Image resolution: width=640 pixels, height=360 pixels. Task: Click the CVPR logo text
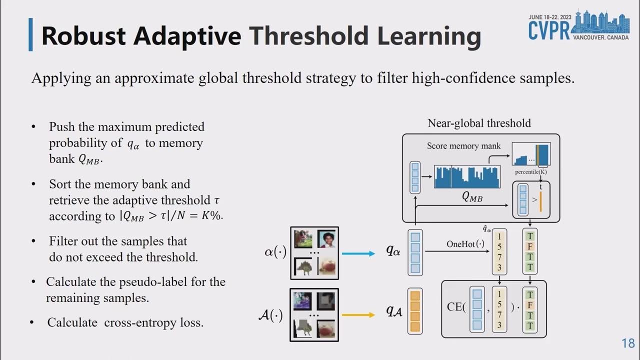pos(548,30)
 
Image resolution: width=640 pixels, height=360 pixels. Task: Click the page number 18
pos(628,343)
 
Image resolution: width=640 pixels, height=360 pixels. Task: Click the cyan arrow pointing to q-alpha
pos(357,253)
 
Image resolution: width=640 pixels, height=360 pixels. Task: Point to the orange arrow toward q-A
pos(357,314)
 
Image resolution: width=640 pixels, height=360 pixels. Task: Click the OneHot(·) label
pos(465,244)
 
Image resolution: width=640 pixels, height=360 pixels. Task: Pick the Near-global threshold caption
pos(479,123)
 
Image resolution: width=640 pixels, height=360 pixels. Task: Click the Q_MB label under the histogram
pos(472,197)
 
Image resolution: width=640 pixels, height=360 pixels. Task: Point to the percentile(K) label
pos(530,171)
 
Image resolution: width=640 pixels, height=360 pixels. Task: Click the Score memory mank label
pos(463,146)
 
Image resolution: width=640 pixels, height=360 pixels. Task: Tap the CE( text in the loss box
pos(456,307)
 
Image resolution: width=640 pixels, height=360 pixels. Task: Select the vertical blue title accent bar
pos(31,34)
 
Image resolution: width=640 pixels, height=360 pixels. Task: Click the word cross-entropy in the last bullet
pos(138,322)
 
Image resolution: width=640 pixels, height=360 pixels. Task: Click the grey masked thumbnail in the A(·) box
pos(326,300)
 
